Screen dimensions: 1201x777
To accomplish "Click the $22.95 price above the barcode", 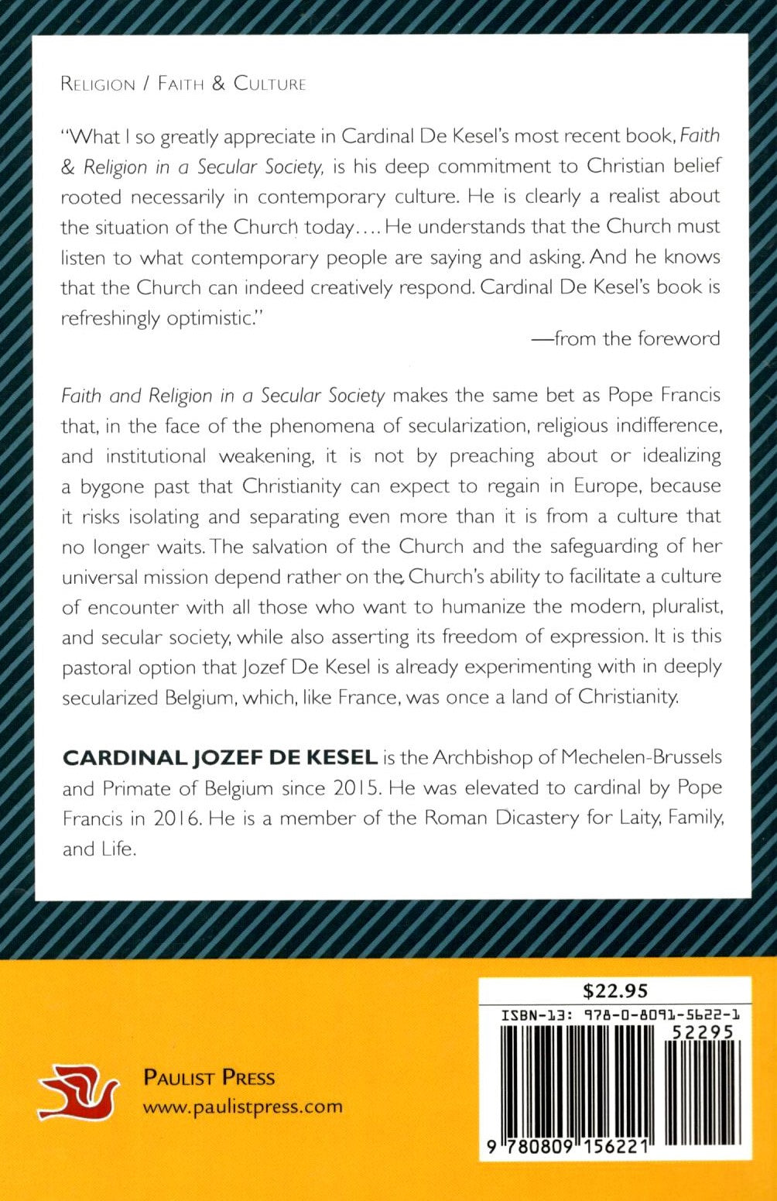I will point(614,990).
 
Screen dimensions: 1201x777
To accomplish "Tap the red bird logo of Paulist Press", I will point(78,1092).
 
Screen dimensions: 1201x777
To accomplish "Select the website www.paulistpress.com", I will point(242,1106).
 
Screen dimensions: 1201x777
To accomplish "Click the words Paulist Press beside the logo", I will point(209,1077).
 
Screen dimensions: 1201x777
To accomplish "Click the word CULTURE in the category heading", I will point(269,84).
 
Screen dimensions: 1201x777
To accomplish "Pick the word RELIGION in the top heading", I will point(98,84).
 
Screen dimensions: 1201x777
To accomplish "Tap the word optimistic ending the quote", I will point(209,317).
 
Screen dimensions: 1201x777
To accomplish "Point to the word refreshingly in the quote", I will point(110,317).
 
